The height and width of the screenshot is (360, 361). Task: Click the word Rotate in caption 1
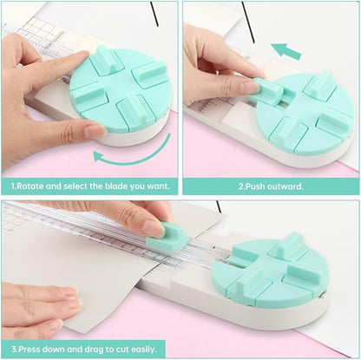(32, 186)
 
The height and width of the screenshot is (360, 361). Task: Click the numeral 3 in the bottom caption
(10, 347)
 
